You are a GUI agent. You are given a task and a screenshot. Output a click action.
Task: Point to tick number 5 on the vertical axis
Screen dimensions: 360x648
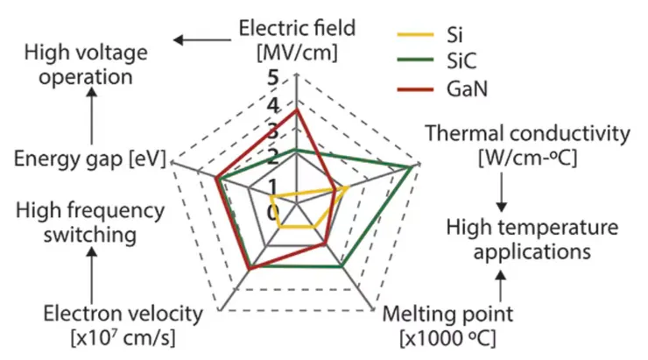273,78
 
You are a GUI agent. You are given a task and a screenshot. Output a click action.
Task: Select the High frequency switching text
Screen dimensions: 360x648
90,222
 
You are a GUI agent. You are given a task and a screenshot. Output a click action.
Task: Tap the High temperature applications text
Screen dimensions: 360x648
532,239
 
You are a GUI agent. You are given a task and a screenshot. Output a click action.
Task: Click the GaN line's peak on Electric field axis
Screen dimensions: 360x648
297,110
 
